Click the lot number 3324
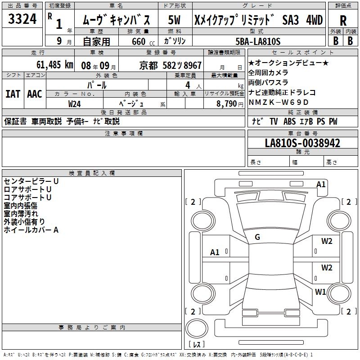pos(22,20)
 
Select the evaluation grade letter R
pos(343,21)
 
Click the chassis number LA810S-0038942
pos(302,143)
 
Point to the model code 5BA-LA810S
pos(258,41)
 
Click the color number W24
pos(75,103)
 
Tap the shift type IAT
pos(13,94)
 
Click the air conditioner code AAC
pos(35,94)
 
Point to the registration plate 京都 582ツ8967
pos(171,65)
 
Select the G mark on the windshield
pos(257,237)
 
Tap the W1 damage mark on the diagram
pos(320,292)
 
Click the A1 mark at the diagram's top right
pos(321,184)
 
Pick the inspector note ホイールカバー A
pos(31,230)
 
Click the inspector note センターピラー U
pos(31,181)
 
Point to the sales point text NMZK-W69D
pos(279,102)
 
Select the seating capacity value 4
pos(187,85)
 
